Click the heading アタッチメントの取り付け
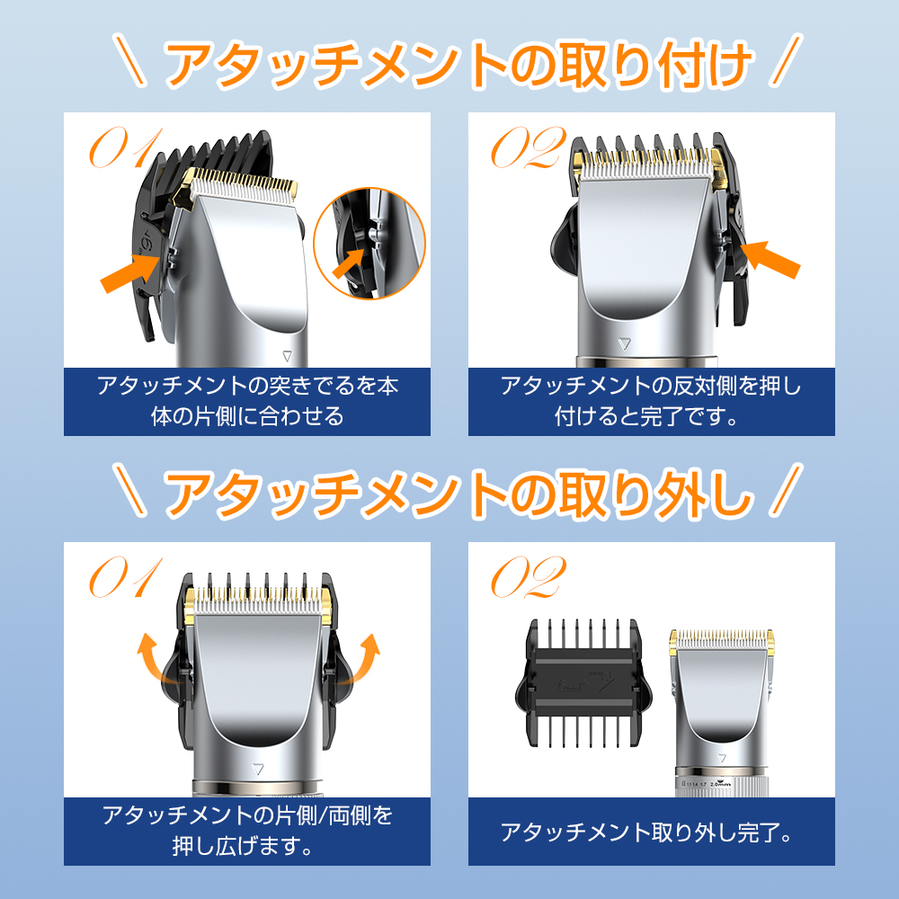458,64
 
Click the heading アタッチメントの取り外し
458,493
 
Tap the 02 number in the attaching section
529,148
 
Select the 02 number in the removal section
529,577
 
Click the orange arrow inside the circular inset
349,263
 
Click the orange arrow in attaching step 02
770,260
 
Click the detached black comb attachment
583,683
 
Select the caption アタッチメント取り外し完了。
646,832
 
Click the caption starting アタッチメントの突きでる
247,401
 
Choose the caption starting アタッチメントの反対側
651,401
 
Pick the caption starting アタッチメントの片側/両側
247,830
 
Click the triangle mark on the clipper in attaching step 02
625,344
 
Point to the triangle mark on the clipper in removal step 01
258,769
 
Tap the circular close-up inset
369,243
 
